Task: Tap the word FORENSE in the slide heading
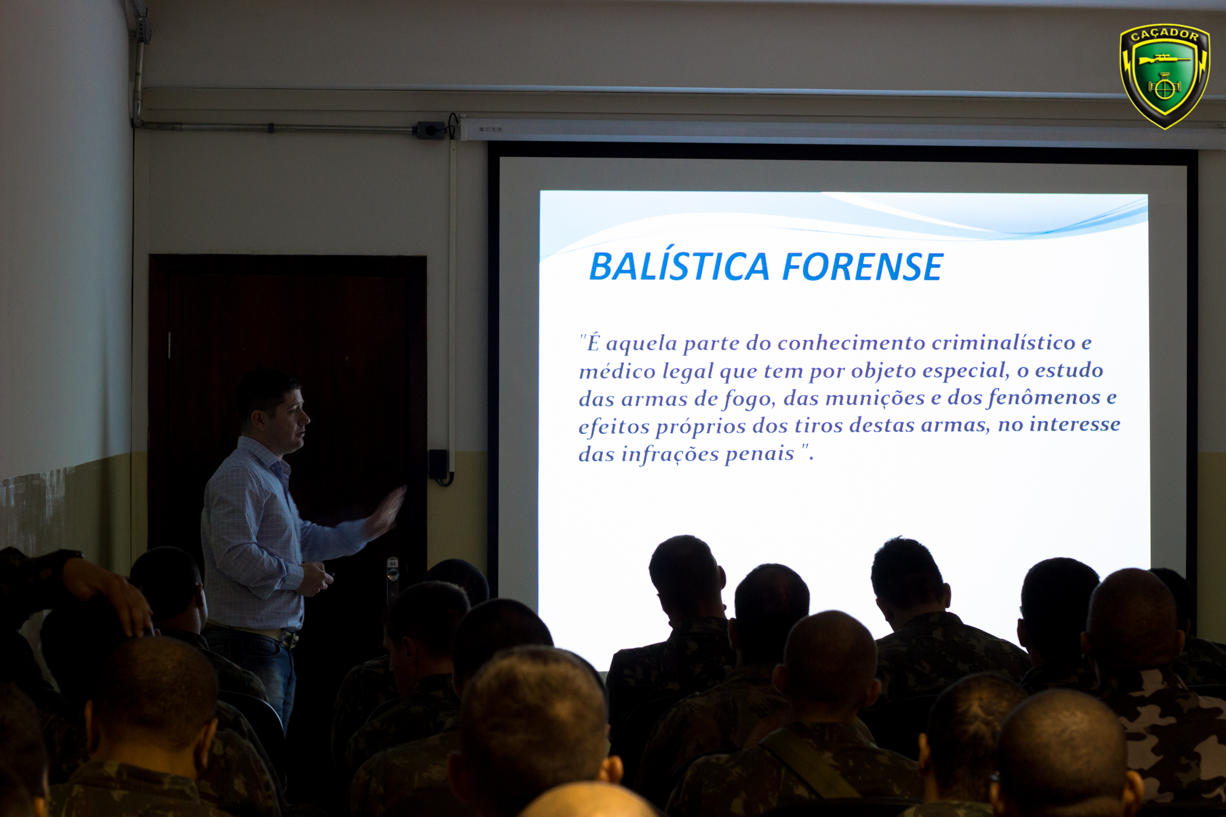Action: (863, 267)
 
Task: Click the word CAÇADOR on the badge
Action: (1164, 35)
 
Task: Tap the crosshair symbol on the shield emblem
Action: (1164, 88)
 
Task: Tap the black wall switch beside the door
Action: (438, 464)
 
